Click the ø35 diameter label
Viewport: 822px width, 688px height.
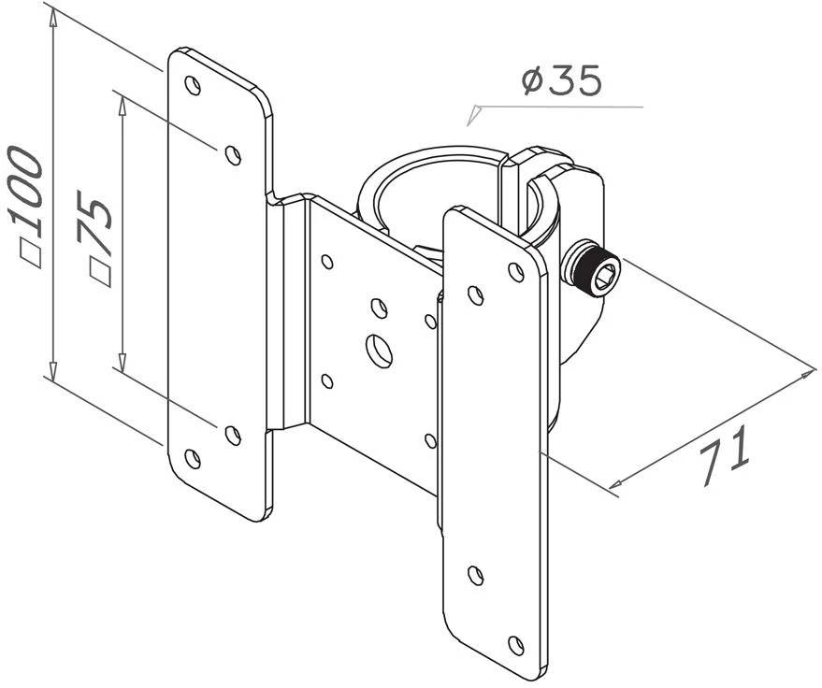[561, 81]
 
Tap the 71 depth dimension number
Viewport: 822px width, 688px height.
[725, 455]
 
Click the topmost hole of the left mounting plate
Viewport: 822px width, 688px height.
[194, 85]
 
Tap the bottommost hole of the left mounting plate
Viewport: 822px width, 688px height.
[193, 458]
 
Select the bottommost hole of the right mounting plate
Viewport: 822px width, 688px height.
[517, 644]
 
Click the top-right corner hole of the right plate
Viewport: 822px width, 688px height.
[516, 271]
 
